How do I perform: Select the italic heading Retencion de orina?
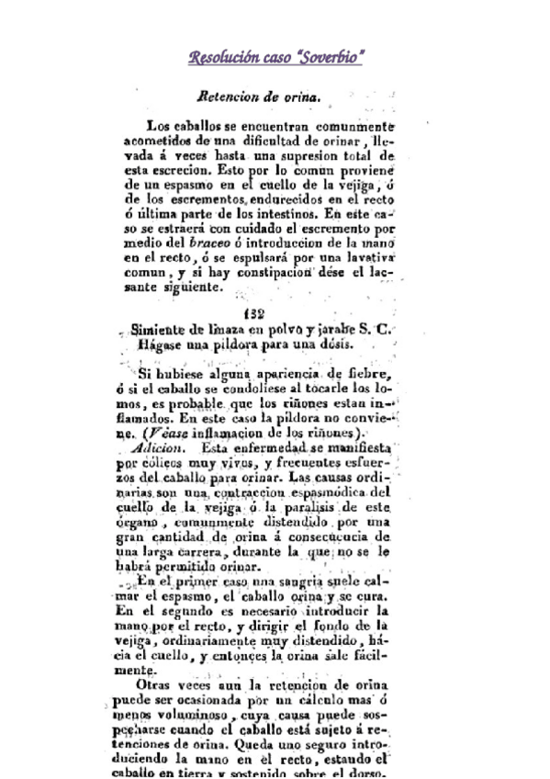(x=258, y=96)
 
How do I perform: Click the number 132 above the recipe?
(x=257, y=313)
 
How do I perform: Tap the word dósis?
(x=319, y=346)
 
